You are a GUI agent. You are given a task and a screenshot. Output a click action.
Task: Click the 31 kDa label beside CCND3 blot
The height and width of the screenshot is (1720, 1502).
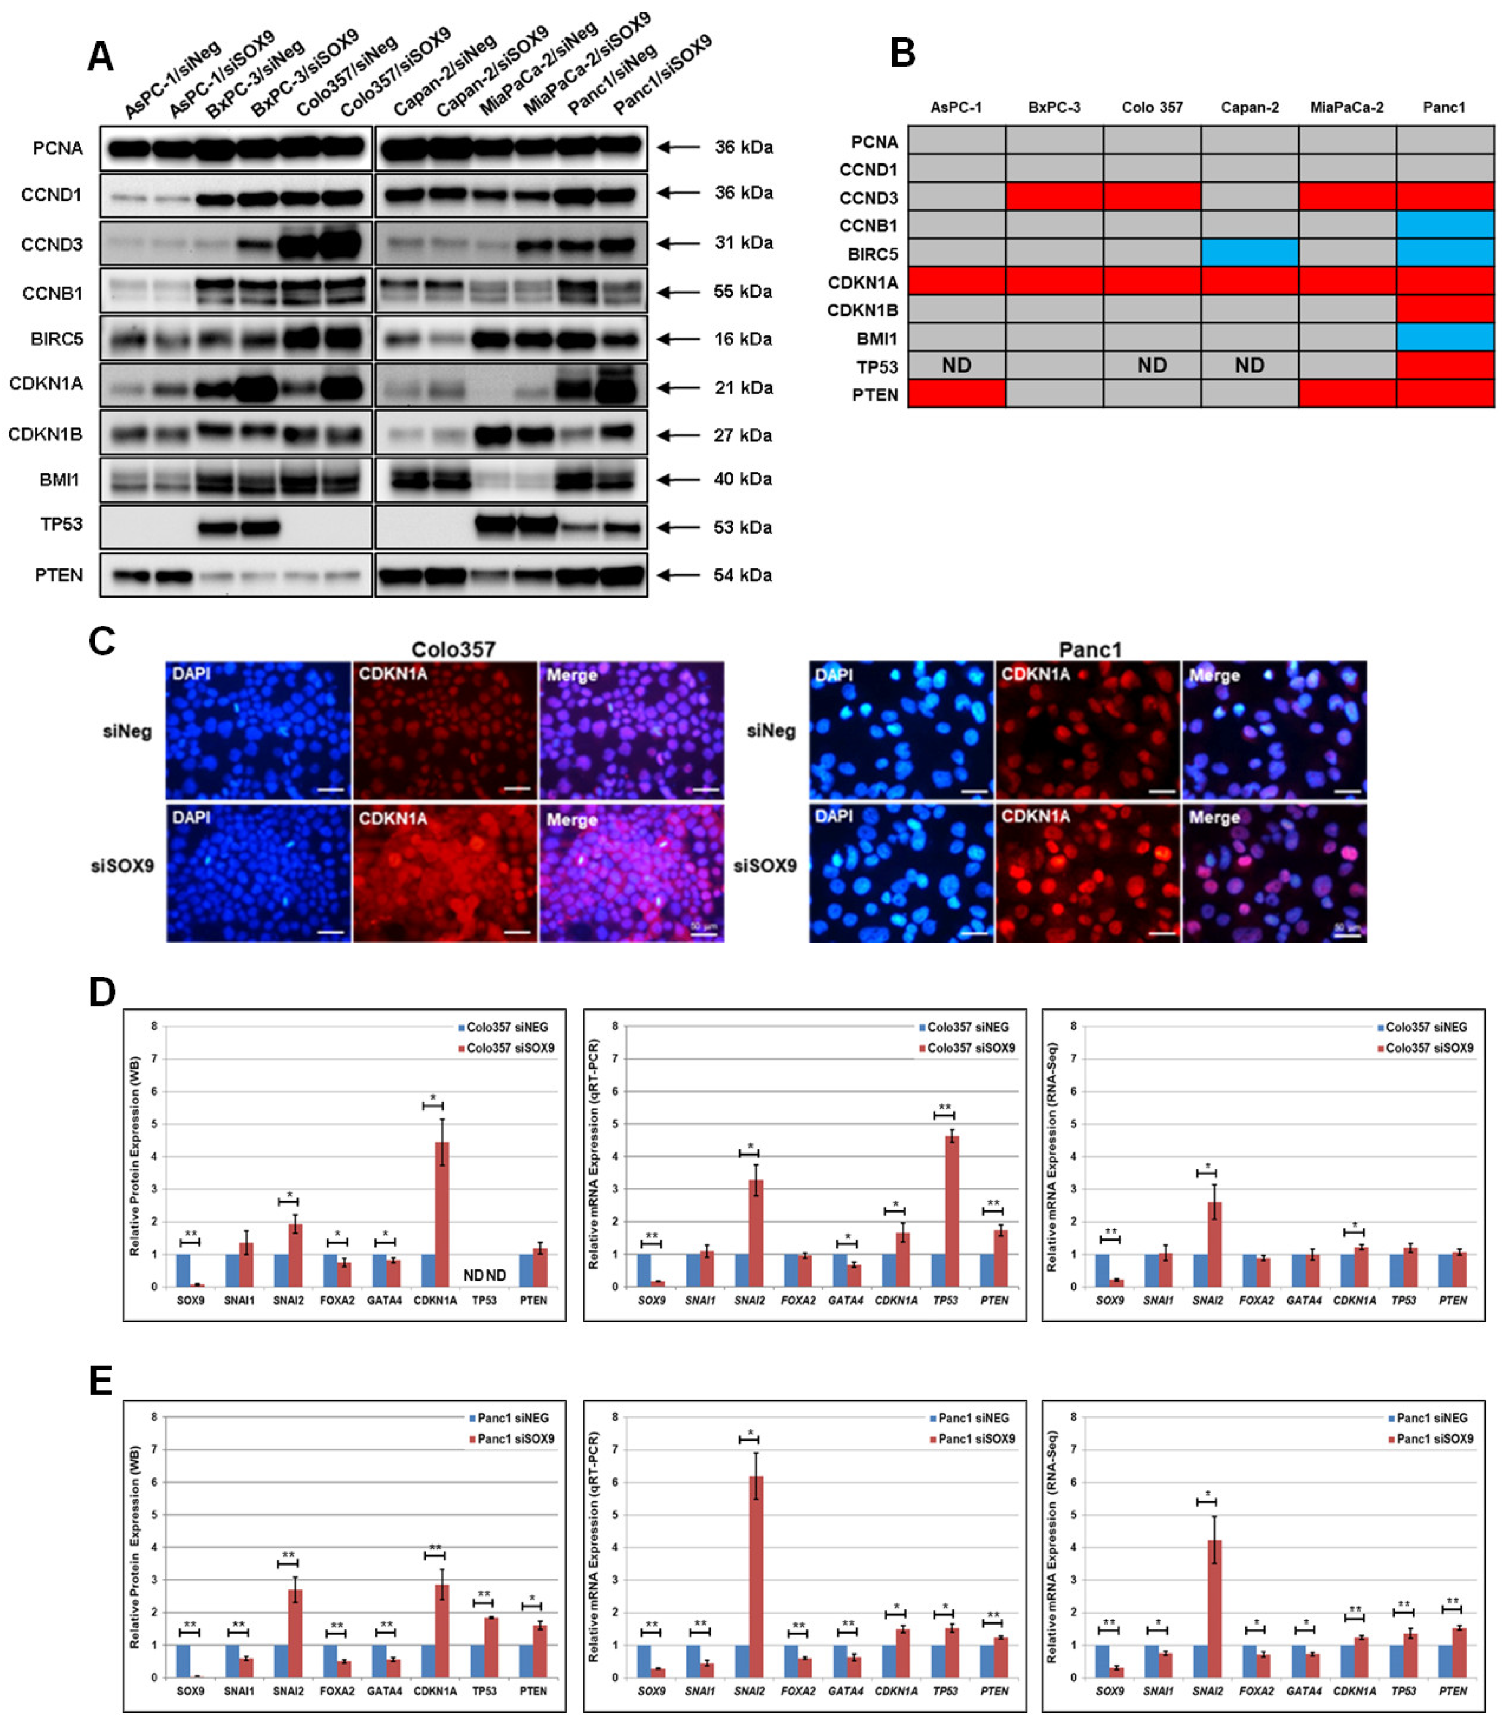[743, 243]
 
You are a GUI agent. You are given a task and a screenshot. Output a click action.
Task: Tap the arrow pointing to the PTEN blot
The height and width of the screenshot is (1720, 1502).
[677, 575]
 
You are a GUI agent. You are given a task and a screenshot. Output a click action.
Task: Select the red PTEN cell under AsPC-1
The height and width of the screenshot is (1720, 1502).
[956, 393]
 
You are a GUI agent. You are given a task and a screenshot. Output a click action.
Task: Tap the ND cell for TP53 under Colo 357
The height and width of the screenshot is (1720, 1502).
[1152, 365]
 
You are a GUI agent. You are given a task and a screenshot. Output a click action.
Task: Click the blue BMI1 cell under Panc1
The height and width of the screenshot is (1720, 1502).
[1444, 337]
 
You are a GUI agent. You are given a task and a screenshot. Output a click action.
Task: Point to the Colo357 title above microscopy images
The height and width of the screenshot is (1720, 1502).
[453, 650]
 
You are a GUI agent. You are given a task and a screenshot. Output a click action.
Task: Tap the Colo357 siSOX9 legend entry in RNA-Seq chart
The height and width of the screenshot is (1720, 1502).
[1427, 1048]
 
